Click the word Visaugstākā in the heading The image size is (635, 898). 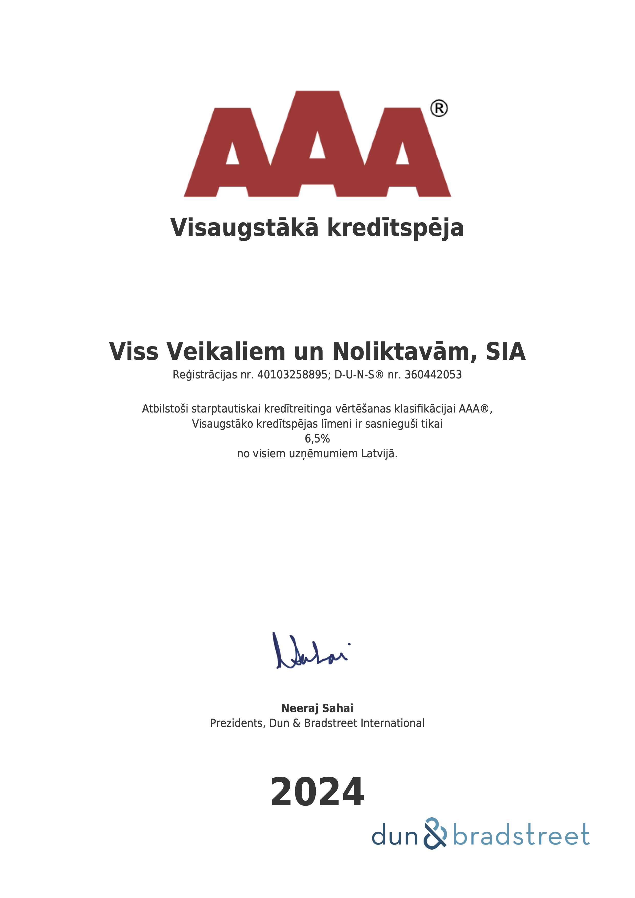coord(244,228)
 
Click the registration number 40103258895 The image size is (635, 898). coord(292,375)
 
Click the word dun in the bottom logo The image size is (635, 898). coord(394,836)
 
